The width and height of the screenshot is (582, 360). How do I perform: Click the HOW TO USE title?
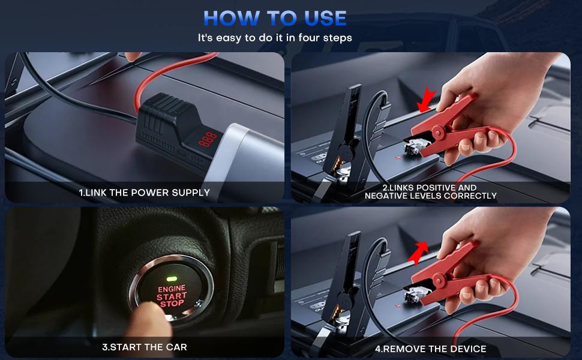tap(275, 18)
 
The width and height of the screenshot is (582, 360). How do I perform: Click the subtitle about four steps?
tap(275, 38)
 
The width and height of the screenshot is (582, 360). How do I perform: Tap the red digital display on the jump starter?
tap(208, 140)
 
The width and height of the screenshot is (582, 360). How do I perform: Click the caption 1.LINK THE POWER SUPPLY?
tap(145, 193)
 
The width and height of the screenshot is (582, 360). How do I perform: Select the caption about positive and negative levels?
tap(430, 192)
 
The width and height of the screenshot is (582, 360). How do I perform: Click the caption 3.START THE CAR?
tap(145, 347)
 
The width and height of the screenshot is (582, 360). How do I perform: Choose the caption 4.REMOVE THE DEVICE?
tap(430, 348)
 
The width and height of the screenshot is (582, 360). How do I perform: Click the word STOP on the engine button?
tap(172, 304)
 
